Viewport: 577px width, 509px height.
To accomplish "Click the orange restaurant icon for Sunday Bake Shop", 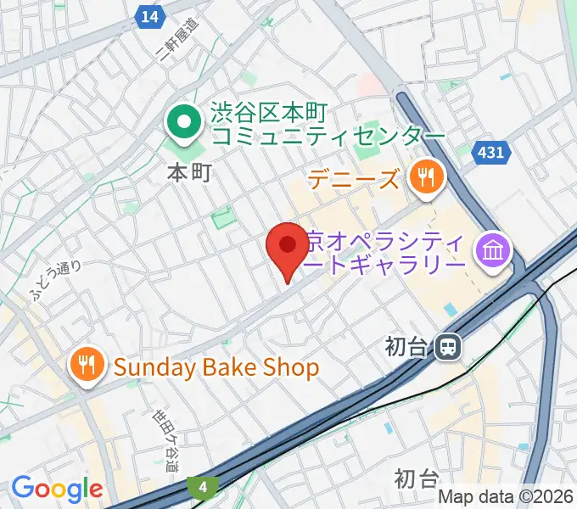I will (88, 365).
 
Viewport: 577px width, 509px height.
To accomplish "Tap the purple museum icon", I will (492, 249).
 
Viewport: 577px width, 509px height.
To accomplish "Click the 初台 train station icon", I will (447, 346).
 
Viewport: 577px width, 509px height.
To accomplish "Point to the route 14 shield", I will (150, 16).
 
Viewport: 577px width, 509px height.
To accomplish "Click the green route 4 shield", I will (204, 487).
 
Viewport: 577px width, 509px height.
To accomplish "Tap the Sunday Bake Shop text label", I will (216, 367).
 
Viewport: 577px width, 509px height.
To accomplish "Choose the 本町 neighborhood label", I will (188, 174).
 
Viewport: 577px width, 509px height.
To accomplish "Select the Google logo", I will (57, 489).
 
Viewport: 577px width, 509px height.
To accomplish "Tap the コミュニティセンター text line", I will (328, 136).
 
